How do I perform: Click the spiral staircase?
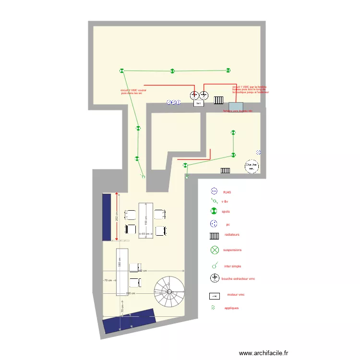[169, 292]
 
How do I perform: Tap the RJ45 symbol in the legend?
[214, 192]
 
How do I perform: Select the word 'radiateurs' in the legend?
[231, 235]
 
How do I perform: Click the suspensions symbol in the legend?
[214, 250]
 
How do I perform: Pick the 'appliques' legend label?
[231, 308]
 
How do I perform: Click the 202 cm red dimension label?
[117, 216]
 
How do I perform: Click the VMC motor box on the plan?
[198, 103]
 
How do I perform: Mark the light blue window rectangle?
[236, 107]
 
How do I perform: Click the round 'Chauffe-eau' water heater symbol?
[252, 167]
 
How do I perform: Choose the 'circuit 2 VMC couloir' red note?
[133, 91]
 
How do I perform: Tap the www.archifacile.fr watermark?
[264, 353]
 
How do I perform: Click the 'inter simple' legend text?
[232, 266]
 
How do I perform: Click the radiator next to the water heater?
[225, 170]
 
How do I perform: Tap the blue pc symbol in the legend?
[214, 224]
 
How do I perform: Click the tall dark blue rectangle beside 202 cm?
[107, 216]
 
